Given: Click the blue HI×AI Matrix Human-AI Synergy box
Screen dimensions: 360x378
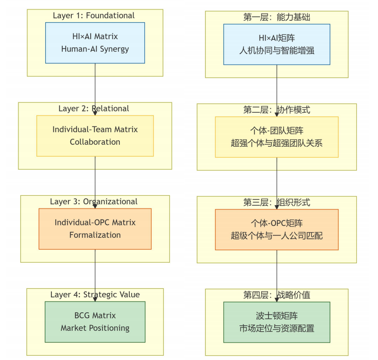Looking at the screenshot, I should point(95,42).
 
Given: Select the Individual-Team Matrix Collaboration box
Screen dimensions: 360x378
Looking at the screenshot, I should point(95,135).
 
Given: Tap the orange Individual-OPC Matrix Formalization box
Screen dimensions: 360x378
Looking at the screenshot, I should point(95,228).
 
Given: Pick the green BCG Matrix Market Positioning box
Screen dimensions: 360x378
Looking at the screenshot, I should point(95,322).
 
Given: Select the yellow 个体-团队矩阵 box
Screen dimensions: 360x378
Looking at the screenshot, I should point(277,137).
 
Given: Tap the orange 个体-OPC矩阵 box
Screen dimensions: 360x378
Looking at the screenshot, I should point(277,229).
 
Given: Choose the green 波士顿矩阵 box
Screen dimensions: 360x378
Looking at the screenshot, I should point(277,322).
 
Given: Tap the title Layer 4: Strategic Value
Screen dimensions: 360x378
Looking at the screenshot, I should point(95,294).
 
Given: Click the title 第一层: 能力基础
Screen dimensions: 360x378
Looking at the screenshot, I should point(277,17).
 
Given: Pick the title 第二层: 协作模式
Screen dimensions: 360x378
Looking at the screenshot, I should point(277,110).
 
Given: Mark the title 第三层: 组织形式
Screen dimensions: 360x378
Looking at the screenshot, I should point(277,202).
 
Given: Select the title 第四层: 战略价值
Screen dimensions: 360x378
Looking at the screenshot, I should point(277,295).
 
